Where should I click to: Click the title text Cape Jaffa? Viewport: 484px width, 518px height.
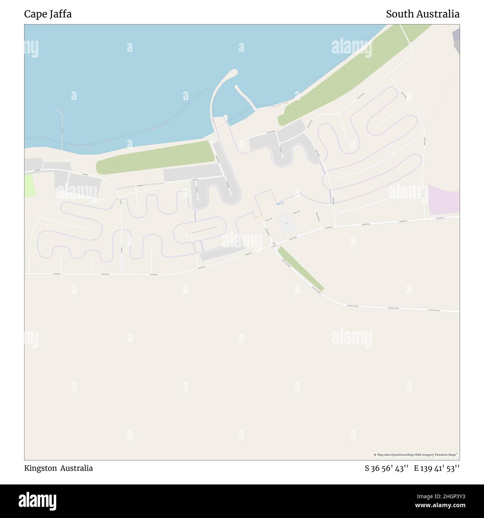(x=48, y=14)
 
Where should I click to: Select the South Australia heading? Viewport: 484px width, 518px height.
(x=423, y=14)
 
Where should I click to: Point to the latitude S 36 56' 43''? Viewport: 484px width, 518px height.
(x=387, y=468)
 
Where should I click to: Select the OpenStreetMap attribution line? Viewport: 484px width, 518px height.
(x=415, y=455)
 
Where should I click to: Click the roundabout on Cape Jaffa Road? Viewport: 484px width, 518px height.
(x=273, y=244)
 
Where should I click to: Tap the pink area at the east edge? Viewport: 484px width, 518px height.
(x=443, y=200)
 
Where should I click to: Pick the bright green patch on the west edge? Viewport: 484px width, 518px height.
(x=29, y=186)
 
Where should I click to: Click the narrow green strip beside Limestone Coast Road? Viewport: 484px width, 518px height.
(x=301, y=268)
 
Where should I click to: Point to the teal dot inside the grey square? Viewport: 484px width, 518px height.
(x=286, y=223)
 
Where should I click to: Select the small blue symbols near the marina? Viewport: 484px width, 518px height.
(x=278, y=204)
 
